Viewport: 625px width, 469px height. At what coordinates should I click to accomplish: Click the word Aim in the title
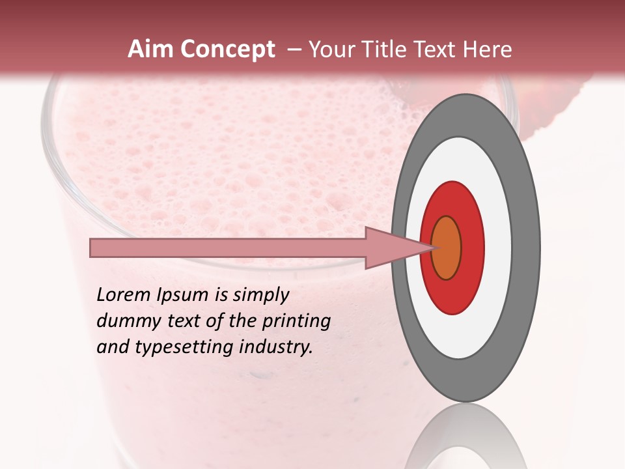tap(151, 50)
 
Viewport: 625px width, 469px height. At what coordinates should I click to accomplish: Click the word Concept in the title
tap(228, 50)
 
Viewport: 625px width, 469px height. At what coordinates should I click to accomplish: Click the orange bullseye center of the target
tap(447, 248)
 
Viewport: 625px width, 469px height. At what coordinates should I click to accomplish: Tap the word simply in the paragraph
tap(260, 295)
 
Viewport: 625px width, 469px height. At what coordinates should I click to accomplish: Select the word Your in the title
tap(331, 50)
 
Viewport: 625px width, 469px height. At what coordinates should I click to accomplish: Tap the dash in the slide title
tap(294, 50)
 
